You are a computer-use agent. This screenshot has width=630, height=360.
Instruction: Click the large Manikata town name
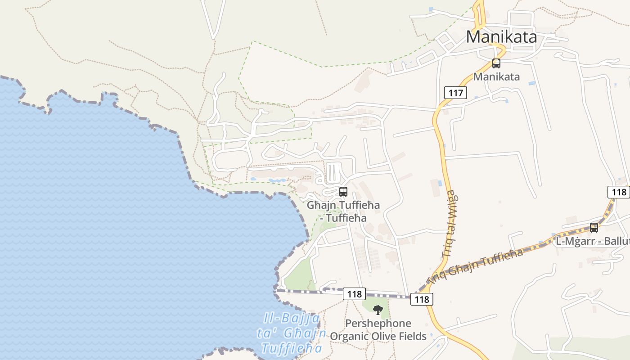pyautogui.click(x=501, y=36)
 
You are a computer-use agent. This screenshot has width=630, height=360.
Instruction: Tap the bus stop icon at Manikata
pyautogui.click(x=496, y=63)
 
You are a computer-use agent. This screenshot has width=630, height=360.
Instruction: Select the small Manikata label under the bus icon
pyautogui.click(x=496, y=76)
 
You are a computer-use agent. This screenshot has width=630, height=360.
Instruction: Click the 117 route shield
pyautogui.click(x=455, y=93)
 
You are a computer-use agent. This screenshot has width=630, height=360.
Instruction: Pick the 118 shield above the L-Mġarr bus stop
pyautogui.click(x=619, y=192)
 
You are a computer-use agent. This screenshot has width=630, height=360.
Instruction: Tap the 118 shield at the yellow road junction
pyautogui.click(x=422, y=299)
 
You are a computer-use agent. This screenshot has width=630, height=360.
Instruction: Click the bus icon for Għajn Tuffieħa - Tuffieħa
pyautogui.click(x=343, y=192)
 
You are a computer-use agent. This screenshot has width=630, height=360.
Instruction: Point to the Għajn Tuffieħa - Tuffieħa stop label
pyautogui.click(x=343, y=211)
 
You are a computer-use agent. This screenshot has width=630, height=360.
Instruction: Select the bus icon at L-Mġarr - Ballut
pyautogui.click(x=594, y=228)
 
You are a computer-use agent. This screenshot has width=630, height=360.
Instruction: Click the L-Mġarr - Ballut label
pyautogui.click(x=592, y=241)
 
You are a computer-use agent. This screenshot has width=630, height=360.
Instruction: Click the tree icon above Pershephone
pyautogui.click(x=378, y=309)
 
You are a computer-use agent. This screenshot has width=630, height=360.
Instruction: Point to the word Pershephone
pyautogui.click(x=378, y=324)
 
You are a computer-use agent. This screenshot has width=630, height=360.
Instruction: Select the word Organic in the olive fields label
pyautogui.click(x=349, y=336)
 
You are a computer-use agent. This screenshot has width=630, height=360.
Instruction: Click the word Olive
pyautogui.click(x=384, y=336)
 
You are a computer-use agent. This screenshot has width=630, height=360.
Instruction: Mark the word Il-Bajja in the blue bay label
pyautogui.click(x=292, y=319)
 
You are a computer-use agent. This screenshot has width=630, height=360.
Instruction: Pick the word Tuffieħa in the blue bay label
pyautogui.click(x=292, y=349)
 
